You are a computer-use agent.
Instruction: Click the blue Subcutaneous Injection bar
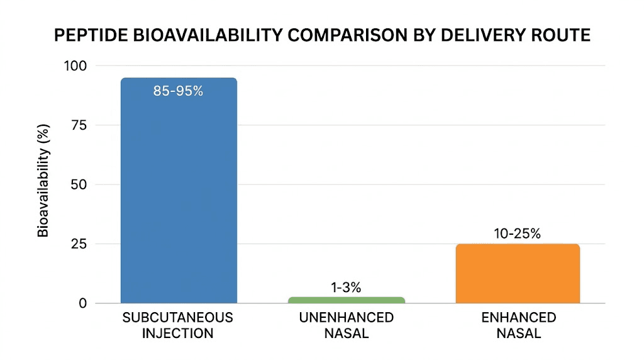click(179, 195)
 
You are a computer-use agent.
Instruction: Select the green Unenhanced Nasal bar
click(347, 300)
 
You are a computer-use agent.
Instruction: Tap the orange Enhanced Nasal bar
click(518, 274)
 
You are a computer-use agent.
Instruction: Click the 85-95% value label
click(179, 91)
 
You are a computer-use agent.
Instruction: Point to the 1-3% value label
click(346, 288)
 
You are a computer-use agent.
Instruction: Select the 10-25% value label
click(518, 234)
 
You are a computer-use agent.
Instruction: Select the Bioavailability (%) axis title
click(43, 184)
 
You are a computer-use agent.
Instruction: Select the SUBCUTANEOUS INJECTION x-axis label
click(178, 325)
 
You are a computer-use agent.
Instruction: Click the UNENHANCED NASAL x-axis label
click(346, 325)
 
